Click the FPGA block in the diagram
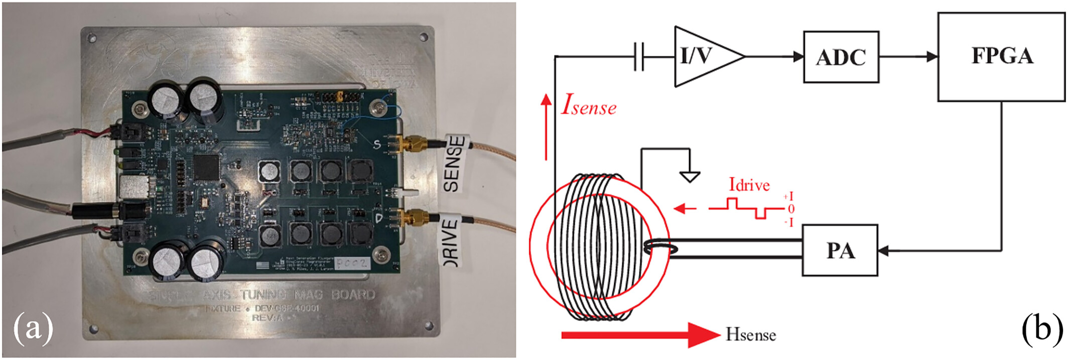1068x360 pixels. [x=1001, y=57]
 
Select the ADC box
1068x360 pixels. [x=841, y=57]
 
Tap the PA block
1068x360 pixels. [x=840, y=250]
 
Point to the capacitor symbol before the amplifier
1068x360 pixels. [x=639, y=57]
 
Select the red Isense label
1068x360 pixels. [x=589, y=105]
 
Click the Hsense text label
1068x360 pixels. [x=751, y=334]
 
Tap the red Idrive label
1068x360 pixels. [x=749, y=185]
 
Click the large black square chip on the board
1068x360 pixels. [x=206, y=168]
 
